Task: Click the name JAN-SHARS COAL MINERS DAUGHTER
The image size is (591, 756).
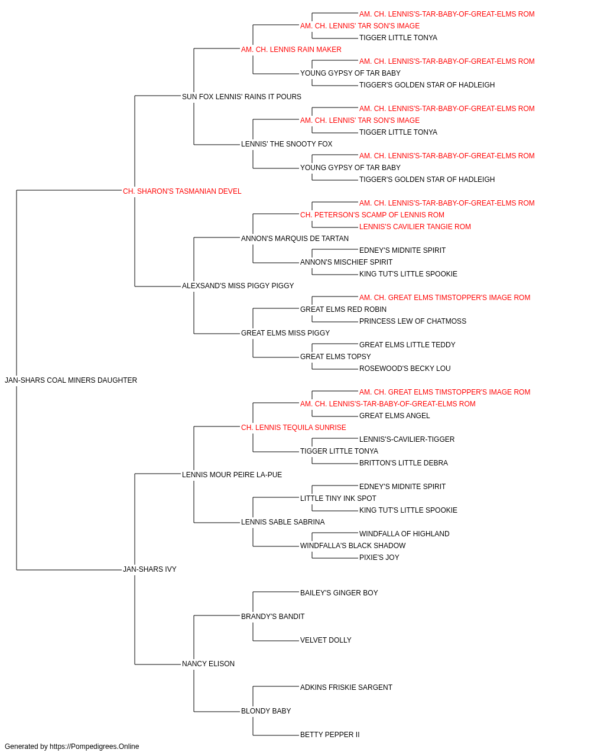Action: pyautogui.click(x=71, y=380)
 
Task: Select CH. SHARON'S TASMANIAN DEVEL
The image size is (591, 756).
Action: pyautogui.click(x=182, y=191)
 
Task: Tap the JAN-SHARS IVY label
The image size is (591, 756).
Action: pyautogui.click(x=150, y=569)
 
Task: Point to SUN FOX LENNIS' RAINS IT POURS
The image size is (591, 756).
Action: pyautogui.click(x=242, y=97)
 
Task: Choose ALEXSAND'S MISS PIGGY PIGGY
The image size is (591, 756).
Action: pyautogui.click(x=238, y=286)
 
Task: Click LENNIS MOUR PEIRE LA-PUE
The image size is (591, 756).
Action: pyautogui.click(x=232, y=475)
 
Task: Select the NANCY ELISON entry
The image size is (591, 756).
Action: pyautogui.click(x=208, y=664)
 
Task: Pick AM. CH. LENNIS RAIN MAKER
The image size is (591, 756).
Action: pyautogui.click(x=291, y=50)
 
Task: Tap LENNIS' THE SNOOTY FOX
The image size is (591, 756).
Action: pyautogui.click(x=287, y=144)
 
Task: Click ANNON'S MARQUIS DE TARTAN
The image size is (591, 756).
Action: pyautogui.click(x=295, y=239)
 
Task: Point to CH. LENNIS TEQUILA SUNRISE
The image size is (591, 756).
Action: pyautogui.click(x=293, y=428)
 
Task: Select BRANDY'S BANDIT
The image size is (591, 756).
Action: pyautogui.click(x=273, y=617)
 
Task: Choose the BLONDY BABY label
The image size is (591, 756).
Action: pyautogui.click(x=266, y=711)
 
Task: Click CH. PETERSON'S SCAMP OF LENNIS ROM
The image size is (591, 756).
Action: pyautogui.click(x=372, y=215)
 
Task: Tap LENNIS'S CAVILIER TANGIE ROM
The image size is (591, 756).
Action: pyautogui.click(x=415, y=227)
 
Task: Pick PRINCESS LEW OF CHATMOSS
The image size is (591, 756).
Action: pyautogui.click(x=413, y=321)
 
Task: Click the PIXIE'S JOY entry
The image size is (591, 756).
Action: pyautogui.click(x=379, y=558)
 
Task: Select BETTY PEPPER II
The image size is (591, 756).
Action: pyautogui.click(x=330, y=735)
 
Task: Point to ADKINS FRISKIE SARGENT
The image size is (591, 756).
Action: pyautogui.click(x=346, y=687)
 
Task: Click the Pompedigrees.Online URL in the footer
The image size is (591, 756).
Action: pyautogui.click(x=95, y=747)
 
